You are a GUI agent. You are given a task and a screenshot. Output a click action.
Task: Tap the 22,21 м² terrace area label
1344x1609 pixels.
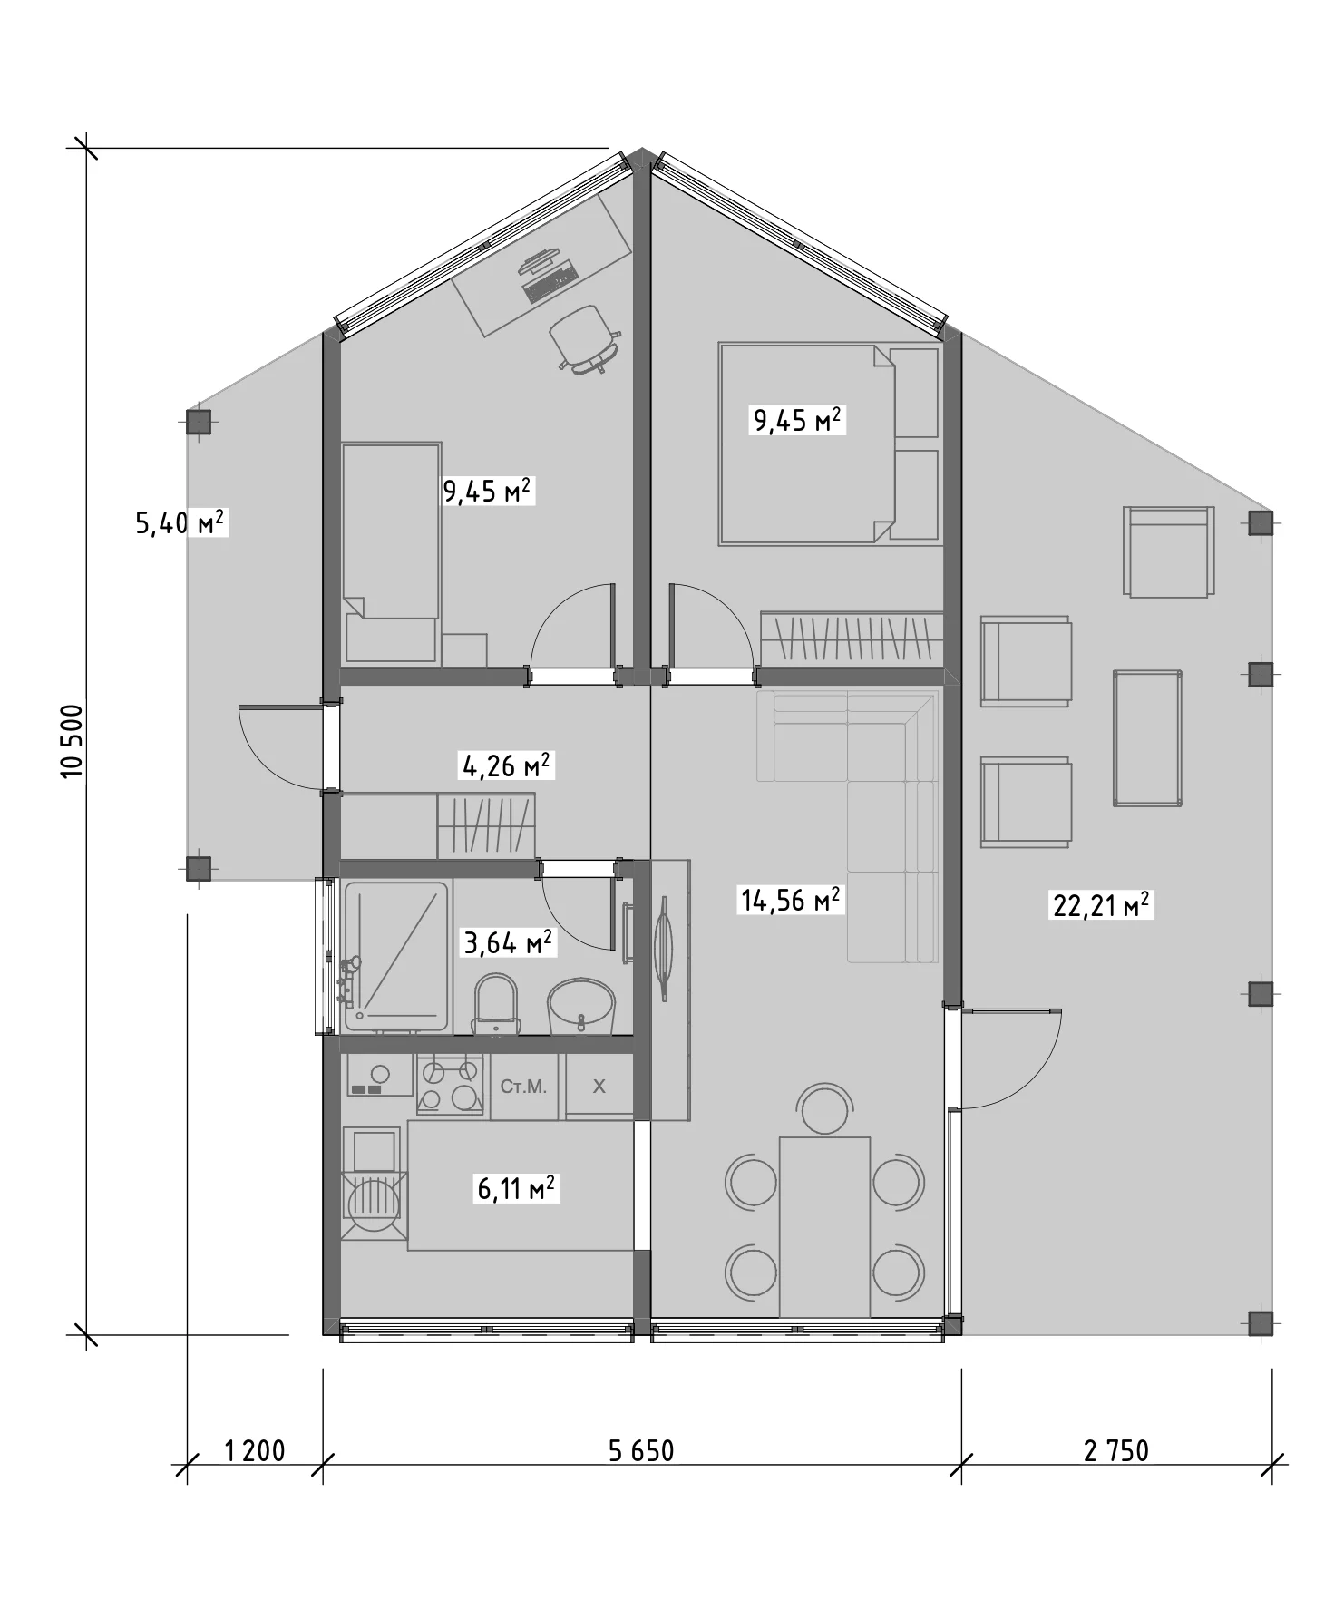(1102, 905)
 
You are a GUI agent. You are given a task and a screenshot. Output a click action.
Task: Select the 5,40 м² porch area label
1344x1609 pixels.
(180, 523)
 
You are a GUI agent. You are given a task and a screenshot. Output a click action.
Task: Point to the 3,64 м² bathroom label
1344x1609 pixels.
(508, 943)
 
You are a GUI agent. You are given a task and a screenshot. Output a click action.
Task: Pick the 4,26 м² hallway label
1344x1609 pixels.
(507, 766)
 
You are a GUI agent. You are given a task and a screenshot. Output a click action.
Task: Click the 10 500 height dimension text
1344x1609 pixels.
(72, 741)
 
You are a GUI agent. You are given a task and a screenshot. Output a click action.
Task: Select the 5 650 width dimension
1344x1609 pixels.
(641, 1451)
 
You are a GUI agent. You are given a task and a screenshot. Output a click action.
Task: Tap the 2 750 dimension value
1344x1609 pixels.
(1116, 1451)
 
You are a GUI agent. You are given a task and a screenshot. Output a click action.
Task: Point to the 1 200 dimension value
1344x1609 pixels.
(254, 1451)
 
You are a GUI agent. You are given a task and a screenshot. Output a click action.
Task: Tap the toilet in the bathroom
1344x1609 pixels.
(496, 1004)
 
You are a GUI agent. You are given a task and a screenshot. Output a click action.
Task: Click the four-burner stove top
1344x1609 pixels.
(451, 1084)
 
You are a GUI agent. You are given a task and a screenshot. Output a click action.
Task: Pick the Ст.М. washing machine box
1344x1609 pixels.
(524, 1087)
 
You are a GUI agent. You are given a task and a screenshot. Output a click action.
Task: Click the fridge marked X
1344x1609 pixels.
(599, 1085)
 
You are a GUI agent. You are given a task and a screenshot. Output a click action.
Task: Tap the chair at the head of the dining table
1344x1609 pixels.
(824, 1109)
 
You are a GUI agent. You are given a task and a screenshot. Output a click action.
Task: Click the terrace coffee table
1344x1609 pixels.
(1148, 737)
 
